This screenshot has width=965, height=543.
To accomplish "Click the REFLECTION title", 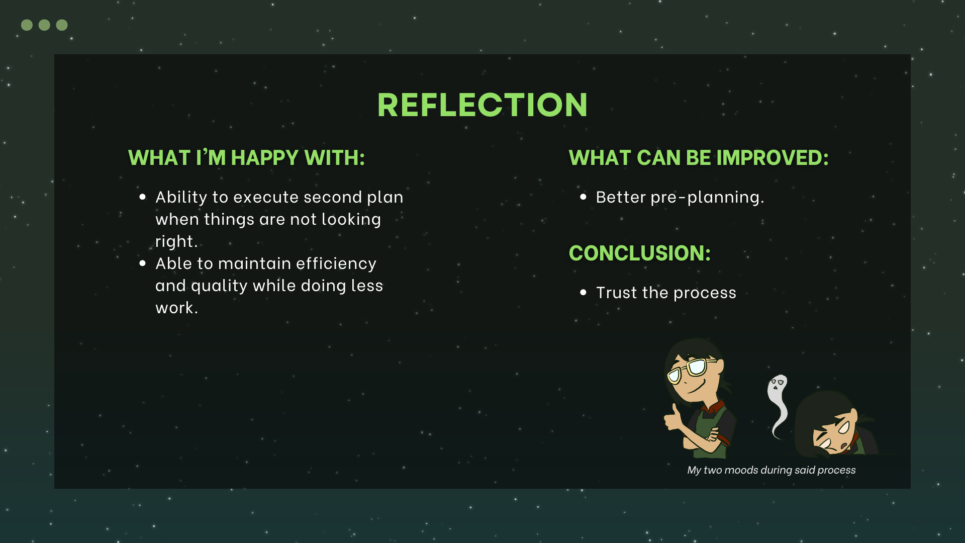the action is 482,105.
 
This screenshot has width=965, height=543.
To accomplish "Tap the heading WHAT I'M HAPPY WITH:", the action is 246,158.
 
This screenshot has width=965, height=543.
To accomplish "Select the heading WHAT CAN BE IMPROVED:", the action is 699,158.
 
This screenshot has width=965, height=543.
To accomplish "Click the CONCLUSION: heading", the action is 640,253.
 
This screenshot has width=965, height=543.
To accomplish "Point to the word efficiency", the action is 336,264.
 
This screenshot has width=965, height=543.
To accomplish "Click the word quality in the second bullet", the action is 219,286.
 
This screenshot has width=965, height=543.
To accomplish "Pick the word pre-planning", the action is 707,198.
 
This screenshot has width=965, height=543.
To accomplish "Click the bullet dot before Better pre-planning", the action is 583,197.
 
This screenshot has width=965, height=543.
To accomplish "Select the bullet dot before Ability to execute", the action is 143,197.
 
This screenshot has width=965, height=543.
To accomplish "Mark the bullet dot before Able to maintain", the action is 143,263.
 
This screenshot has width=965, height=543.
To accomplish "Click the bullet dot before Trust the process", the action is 583,293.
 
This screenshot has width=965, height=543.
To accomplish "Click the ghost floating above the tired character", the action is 778,402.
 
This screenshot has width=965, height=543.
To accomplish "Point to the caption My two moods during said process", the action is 771,470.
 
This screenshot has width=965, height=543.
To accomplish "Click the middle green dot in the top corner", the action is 44,25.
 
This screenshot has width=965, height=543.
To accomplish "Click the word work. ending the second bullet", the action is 177,308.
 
